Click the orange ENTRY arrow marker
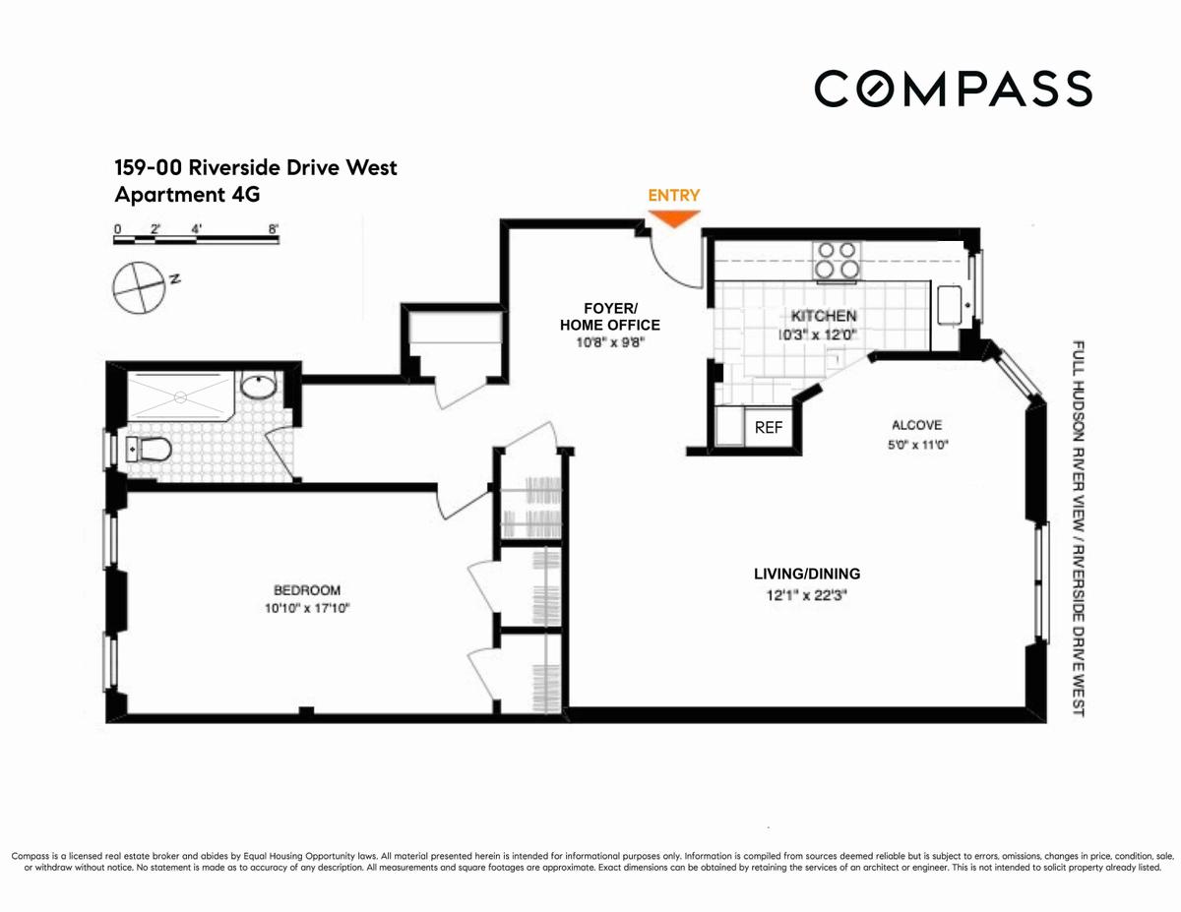[x=674, y=218]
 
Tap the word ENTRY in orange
[x=674, y=195]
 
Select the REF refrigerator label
[x=769, y=428]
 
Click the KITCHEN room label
[x=824, y=316]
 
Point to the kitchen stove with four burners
[x=837, y=262]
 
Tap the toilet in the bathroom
[x=149, y=450]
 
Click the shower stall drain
[x=181, y=397]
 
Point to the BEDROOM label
[x=307, y=590]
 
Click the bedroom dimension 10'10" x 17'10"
[x=307, y=608]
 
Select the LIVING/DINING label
[x=807, y=574]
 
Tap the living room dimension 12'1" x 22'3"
[x=807, y=595]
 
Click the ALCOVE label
[x=917, y=425]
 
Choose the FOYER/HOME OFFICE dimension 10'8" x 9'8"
[x=610, y=342]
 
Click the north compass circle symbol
[x=139, y=287]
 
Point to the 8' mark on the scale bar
[x=274, y=229]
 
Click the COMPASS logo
[x=954, y=88]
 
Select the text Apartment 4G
[x=188, y=195]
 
